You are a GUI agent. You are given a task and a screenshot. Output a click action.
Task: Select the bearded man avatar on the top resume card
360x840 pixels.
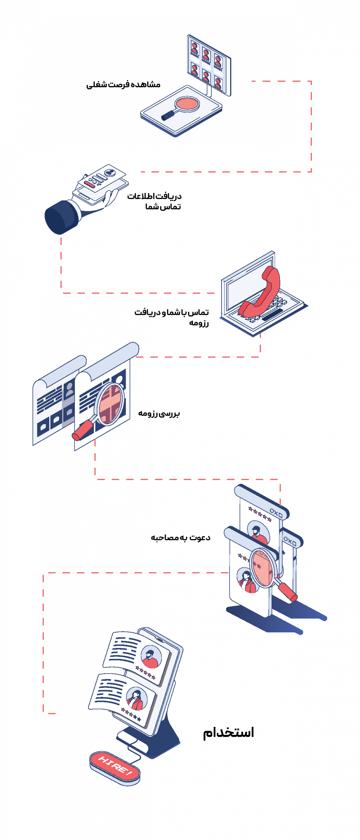(x=151, y=658)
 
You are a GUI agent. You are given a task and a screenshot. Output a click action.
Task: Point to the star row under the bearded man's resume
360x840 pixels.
(x=146, y=672)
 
